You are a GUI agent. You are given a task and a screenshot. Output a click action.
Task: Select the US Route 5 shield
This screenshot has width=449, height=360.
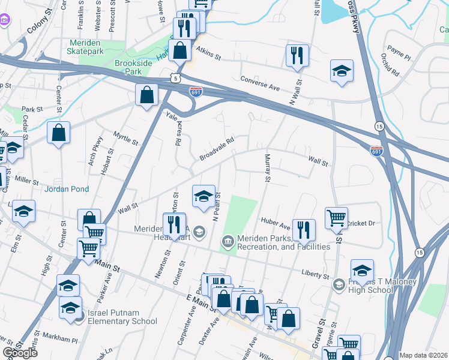point(175,78)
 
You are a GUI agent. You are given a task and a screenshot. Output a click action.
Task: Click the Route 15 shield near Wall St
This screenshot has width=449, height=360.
point(379,126)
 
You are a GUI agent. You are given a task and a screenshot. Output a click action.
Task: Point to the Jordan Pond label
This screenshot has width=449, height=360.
point(67,189)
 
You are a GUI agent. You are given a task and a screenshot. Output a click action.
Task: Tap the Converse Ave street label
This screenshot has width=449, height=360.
point(260,83)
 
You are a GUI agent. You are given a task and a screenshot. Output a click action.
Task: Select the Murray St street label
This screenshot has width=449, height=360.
point(268,169)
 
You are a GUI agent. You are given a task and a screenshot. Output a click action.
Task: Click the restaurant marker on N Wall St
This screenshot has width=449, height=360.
point(297,56)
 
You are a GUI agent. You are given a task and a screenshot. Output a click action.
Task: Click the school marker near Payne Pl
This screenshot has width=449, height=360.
point(342,71)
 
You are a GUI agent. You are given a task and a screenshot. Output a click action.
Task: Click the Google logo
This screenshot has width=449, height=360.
point(20,353)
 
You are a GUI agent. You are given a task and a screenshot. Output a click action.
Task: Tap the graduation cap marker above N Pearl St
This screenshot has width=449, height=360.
point(203,196)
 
